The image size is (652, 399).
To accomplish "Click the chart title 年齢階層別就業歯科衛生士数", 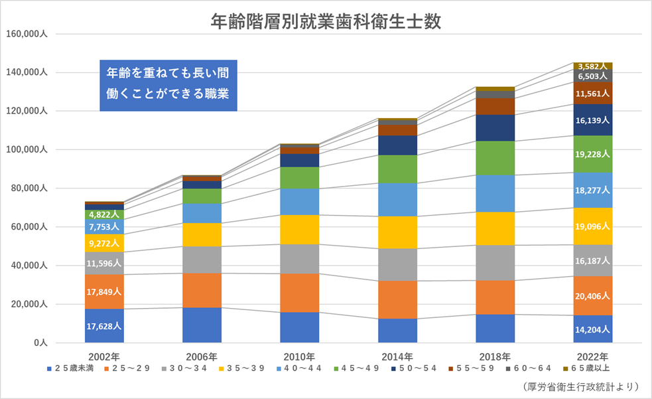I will click(x=325, y=22).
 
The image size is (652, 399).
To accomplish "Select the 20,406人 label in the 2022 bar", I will click(x=593, y=296).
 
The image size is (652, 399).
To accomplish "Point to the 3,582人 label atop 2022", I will click(x=593, y=66).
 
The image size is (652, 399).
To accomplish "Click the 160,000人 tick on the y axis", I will click(x=27, y=34).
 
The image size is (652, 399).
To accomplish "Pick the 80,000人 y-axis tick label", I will click(x=29, y=189).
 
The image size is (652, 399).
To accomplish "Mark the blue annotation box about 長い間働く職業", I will click(x=168, y=83).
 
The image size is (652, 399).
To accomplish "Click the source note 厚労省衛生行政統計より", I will click(x=577, y=386).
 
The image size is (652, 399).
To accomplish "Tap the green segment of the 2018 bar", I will click(x=495, y=158).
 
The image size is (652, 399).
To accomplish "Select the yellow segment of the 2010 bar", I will click(x=300, y=229).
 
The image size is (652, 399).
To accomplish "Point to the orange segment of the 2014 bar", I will click(x=398, y=299).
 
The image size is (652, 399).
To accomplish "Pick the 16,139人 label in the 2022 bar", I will click(x=593, y=120).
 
